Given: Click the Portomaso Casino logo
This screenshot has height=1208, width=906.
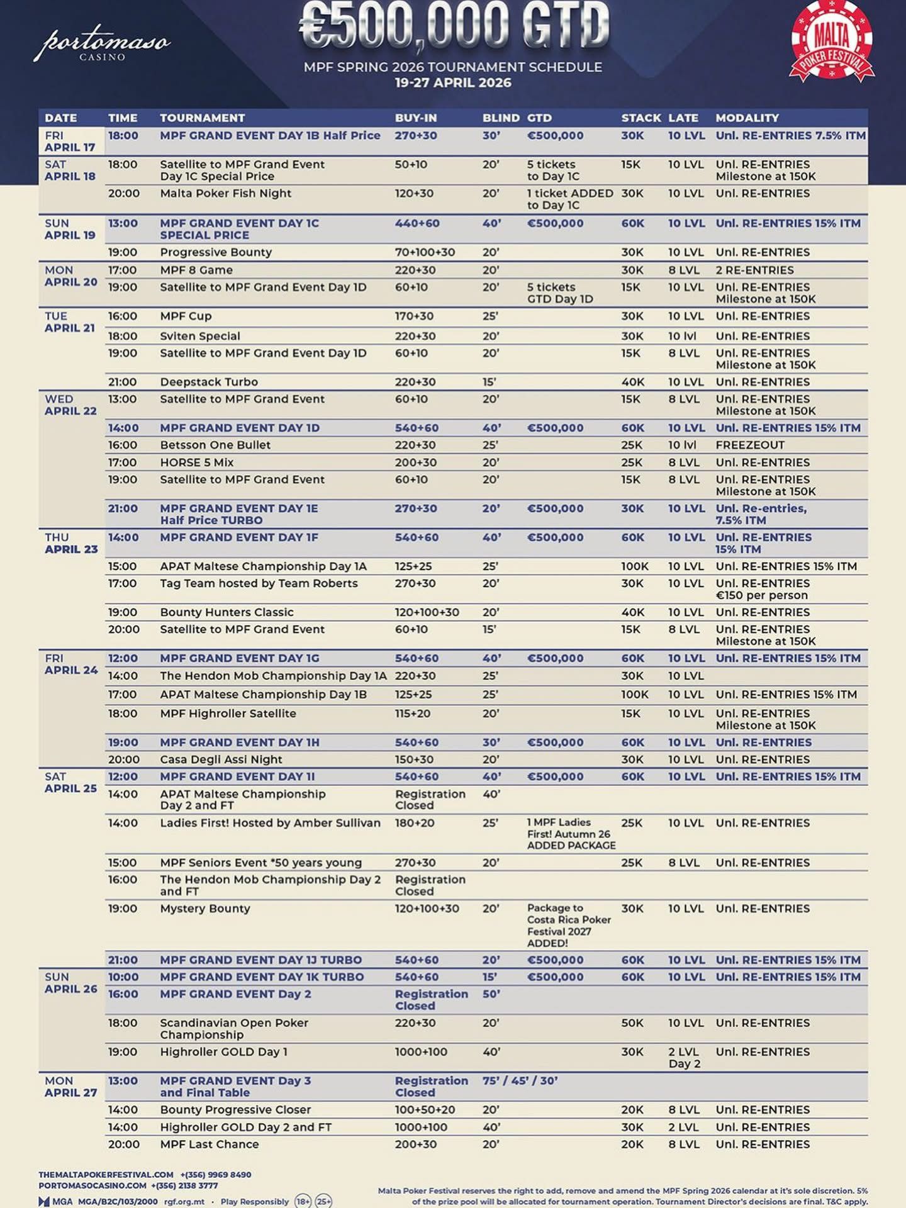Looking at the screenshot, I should [x=102, y=44].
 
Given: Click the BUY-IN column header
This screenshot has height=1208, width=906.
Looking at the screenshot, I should [x=415, y=118].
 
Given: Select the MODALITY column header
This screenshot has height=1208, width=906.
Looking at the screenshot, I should [x=747, y=118].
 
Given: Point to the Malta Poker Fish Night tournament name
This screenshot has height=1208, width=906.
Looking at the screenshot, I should [x=225, y=193].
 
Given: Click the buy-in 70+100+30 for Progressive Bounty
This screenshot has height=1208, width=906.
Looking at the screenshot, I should [x=425, y=252].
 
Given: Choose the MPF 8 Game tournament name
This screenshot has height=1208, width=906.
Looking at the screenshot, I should [x=196, y=270].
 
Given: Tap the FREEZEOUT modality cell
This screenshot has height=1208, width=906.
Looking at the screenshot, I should [x=750, y=445].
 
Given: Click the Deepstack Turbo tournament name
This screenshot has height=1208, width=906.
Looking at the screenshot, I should [x=209, y=382].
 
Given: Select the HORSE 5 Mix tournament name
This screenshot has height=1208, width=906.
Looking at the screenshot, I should [x=196, y=462].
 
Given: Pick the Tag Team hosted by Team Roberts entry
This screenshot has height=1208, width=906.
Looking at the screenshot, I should [x=259, y=583].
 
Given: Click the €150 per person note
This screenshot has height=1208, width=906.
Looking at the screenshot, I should [x=761, y=595].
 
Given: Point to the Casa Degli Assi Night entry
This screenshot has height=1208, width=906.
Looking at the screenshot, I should [x=221, y=759].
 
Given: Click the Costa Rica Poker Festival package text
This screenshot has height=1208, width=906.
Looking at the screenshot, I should [x=569, y=926].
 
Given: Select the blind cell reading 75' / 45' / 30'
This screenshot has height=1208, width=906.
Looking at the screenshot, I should [x=520, y=1081].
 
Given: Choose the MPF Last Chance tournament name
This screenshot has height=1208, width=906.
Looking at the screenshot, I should [x=209, y=1144].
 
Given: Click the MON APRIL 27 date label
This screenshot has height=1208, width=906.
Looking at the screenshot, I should [x=70, y=1087].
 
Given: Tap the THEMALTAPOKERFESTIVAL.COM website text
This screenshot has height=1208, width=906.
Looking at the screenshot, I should [x=106, y=1175].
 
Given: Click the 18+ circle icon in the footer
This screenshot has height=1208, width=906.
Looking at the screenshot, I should [x=303, y=1201].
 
